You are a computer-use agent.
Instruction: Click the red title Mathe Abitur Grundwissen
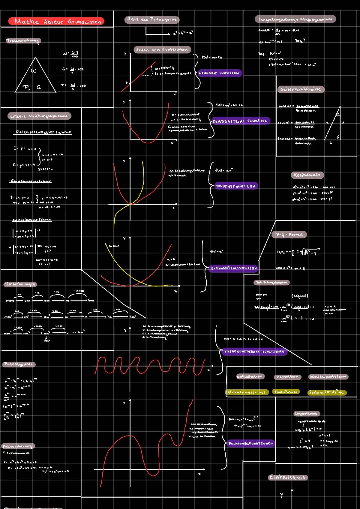pos(56,22)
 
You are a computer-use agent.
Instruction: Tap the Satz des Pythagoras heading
pos(152,20)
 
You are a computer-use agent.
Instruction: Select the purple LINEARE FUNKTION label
pos(219,73)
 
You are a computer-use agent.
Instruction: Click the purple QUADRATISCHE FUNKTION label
pos(240,121)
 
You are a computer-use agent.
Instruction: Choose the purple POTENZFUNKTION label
pos(235,186)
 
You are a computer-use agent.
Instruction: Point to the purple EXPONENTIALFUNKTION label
pos(234,268)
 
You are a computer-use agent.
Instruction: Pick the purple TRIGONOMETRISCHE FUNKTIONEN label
pos(254,352)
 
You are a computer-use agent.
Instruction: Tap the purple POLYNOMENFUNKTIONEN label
pos(250,443)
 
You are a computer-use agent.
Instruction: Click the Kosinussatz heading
pos(307,175)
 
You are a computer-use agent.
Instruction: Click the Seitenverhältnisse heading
pos(300,89)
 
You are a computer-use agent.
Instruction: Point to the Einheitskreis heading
pos(287,477)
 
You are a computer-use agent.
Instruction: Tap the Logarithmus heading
pos(306,414)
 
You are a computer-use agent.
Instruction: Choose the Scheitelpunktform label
pos(328,377)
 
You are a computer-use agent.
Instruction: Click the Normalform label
pos(287,377)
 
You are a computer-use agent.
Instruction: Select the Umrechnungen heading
pos(20,284)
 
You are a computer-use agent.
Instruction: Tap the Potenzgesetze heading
pos(19,364)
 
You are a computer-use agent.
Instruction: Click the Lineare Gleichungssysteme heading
pos(39,116)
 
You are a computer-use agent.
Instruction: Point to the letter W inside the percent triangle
pos(34,71)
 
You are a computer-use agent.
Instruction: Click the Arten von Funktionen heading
pos(162,50)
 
